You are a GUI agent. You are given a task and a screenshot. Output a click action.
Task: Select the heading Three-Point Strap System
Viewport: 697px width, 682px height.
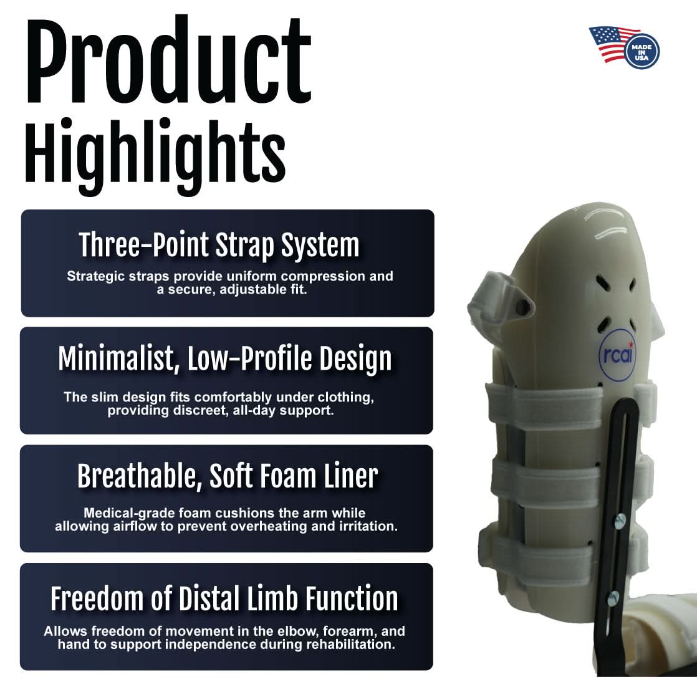click(219, 245)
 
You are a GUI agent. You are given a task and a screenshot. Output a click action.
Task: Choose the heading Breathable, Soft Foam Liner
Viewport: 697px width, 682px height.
click(227, 477)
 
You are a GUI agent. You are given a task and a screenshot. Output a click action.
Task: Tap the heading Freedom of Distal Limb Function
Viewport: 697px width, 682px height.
click(224, 598)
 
